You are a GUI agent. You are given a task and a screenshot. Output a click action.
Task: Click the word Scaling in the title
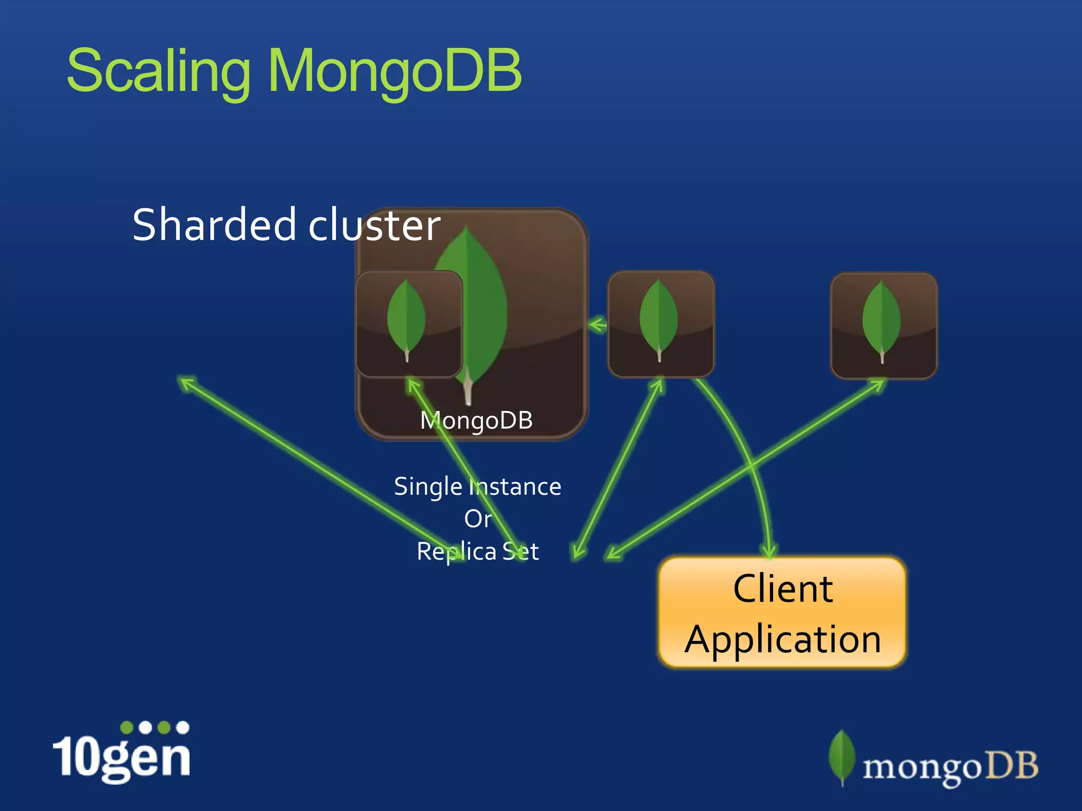(x=158, y=71)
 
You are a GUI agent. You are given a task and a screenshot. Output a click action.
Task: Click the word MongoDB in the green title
(x=395, y=71)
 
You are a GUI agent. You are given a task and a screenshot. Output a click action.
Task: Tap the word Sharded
(x=214, y=225)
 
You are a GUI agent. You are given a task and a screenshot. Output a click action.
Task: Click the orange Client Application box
(x=782, y=612)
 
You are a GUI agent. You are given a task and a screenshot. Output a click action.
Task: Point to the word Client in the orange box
(x=783, y=588)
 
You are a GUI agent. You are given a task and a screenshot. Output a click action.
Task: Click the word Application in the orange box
(x=783, y=639)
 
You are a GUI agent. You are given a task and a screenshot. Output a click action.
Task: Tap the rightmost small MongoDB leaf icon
(x=883, y=325)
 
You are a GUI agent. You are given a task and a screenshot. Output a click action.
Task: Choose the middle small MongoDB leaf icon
(x=660, y=324)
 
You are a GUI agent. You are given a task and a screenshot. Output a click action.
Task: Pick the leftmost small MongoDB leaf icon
(x=408, y=324)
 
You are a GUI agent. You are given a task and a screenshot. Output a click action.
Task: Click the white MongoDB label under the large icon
(x=477, y=420)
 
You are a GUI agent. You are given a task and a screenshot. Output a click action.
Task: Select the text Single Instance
(x=478, y=486)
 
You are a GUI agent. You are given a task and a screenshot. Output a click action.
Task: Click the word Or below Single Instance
(x=478, y=519)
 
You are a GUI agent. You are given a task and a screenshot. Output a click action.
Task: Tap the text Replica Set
(x=478, y=552)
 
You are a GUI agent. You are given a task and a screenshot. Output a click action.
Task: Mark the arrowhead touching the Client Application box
(x=769, y=551)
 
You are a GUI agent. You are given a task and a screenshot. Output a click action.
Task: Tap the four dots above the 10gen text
(x=154, y=728)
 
